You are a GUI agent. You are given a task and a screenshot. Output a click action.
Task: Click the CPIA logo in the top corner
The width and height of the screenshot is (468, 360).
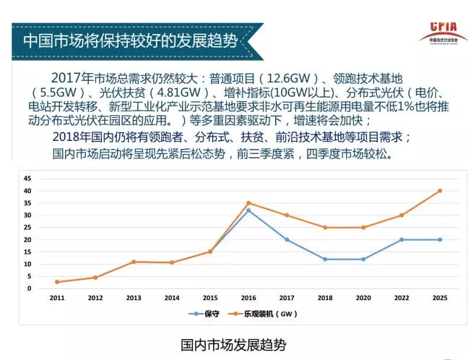[x=438, y=30]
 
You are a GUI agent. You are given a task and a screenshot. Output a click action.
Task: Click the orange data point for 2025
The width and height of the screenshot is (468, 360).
[x=439, y=191]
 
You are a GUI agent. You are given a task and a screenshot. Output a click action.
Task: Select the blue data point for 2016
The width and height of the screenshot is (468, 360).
[x=248, y=210]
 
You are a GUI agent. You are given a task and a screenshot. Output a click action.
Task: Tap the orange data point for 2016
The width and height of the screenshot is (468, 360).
[x=248, y=203]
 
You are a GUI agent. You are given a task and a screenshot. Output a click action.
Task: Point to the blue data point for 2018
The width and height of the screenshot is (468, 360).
[x=325, y=259]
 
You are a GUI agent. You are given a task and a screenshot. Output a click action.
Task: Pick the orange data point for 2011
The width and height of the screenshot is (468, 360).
[x=56, y=282]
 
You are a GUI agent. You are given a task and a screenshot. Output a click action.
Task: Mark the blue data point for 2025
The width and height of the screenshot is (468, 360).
[x=439, y=239]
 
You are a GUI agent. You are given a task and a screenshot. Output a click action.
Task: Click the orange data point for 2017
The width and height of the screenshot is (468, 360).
[x=287, y=215]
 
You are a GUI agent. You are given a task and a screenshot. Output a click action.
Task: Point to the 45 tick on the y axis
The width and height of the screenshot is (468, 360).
[x=27, y=178]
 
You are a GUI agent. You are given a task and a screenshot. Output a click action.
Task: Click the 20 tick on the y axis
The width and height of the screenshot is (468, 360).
[x=27, y=239]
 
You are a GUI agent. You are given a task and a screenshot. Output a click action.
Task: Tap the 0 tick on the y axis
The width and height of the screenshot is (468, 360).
[x=29, y=288]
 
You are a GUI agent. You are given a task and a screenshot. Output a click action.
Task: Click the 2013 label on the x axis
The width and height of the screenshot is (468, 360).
[x=133, y=298]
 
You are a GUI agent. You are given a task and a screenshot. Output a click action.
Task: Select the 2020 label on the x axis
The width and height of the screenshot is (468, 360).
[x=363, y=298]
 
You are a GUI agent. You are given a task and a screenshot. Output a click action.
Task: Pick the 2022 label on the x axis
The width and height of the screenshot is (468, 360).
[x=401, y=298]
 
